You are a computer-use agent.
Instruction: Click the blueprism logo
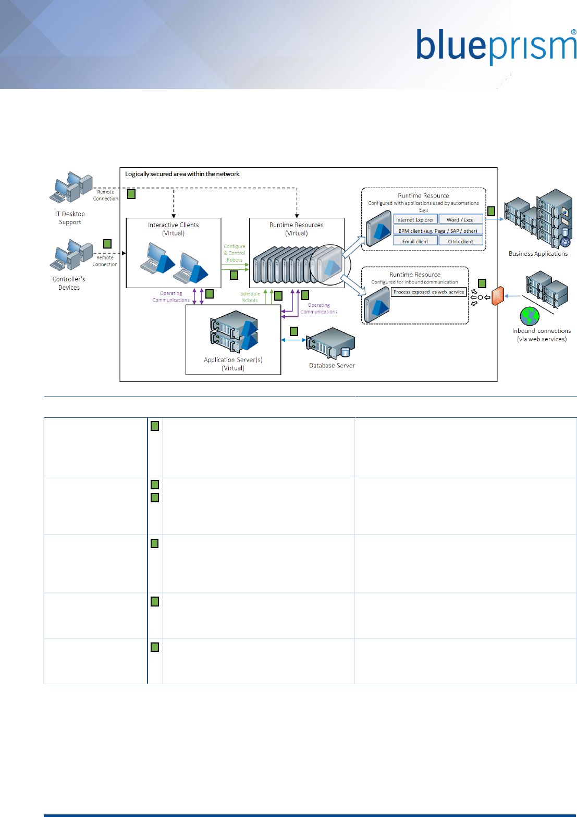[x=495, y=47]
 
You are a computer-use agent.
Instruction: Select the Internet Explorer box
[x=415, y=219]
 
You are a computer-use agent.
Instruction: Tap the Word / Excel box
[x=461, y=219]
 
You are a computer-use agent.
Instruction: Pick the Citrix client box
[x=461, y=241]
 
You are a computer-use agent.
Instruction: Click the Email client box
[x=415, y=241]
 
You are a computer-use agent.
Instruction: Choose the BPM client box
[x=438, y=231]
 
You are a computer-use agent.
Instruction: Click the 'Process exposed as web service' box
[x=428, y=292]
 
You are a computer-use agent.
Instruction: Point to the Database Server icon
[x=332, y=344]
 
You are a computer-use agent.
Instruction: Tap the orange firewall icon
[x=498, y=296]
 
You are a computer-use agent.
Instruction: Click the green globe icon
[x=530, y=316]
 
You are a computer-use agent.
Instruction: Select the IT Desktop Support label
[x=70, y=218]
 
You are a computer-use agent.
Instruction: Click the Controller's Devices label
[x=69, y=283]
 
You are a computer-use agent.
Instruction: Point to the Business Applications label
[x=538, y=254]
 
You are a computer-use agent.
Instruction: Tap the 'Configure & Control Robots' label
[x=235, y=253]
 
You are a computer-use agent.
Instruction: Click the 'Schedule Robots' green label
[x=250, y=297]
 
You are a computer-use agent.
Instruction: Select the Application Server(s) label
[x=233, y=364]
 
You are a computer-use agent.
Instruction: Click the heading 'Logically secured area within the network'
[x=182, y=174]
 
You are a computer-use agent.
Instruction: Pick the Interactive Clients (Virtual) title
[x=174, y=229]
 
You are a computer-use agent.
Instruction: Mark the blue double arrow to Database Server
[x=293, y=340]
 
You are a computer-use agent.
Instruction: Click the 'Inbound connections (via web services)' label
[x=542, y=335]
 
